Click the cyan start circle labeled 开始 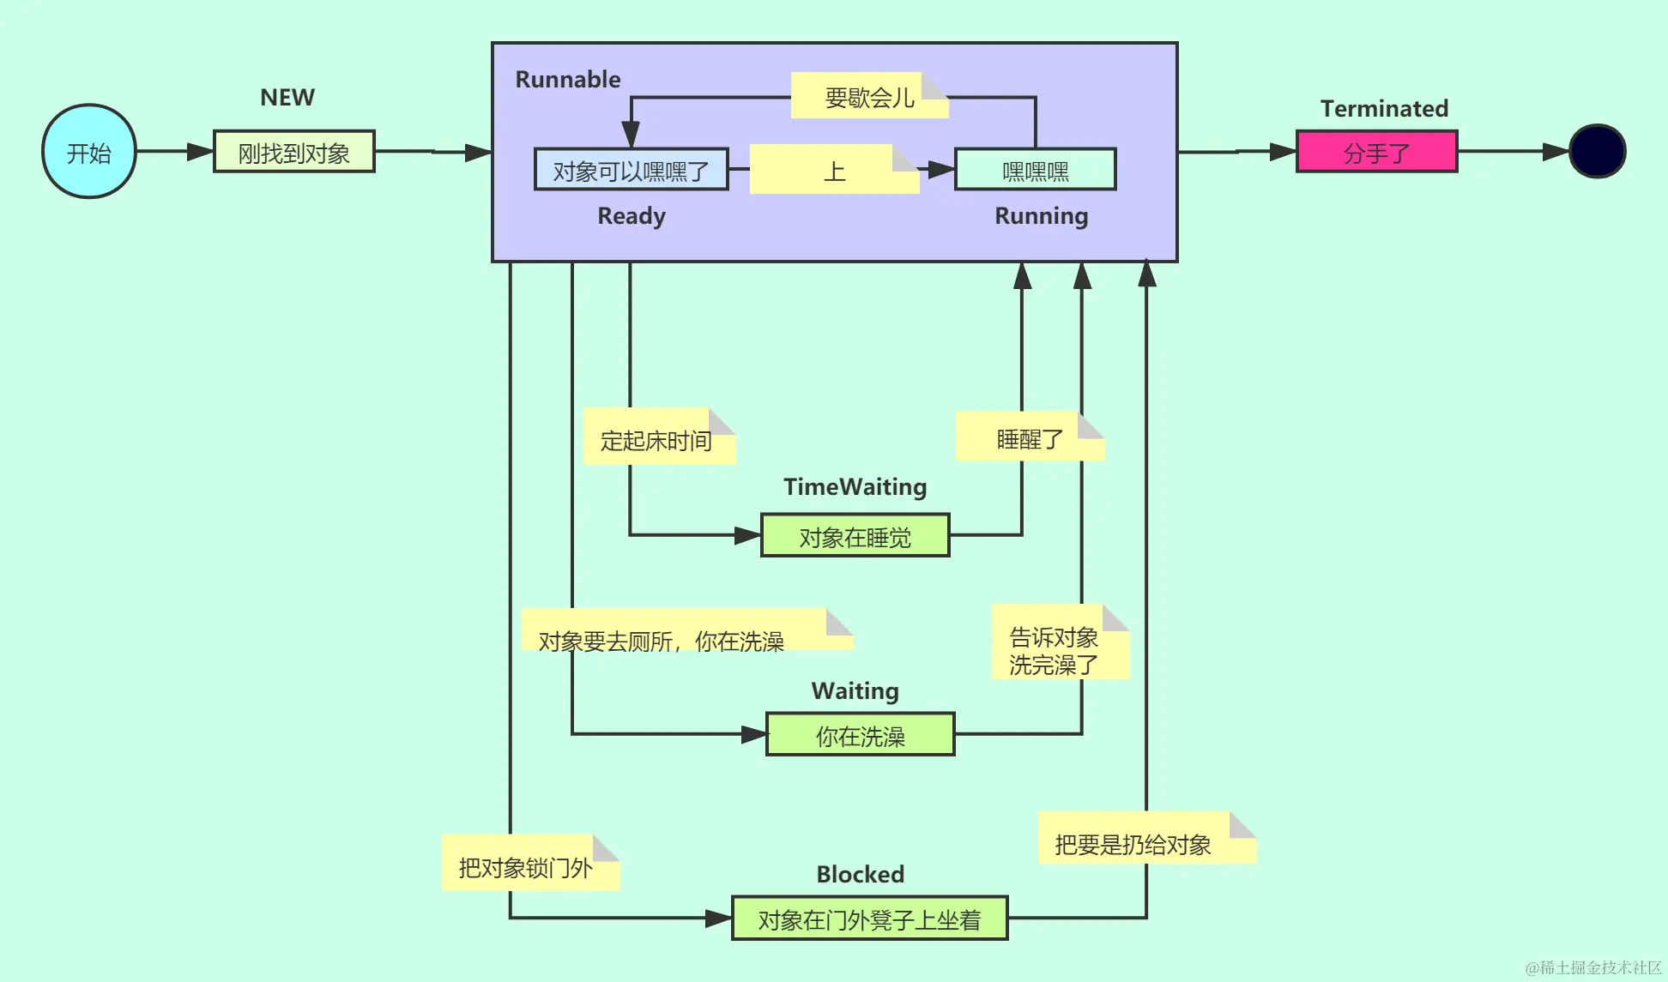click(x=89, y=152)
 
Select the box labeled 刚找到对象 click(x=293, y=152)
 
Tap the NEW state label click(x=287, y=98)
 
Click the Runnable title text click(x=567, y=80)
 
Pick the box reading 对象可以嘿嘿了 click(x=631, y=170)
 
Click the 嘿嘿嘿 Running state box click(x=1035, y=170)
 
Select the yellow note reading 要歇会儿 click(x=868, y=96)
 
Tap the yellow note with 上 click(x=834, y=170)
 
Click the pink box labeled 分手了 click(x=1376, y=152)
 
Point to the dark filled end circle click(x=1597, y=152)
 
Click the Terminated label click(x=1384, y=109)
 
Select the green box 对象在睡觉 click(x=855, y=536)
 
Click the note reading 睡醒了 click(x=1029, y=438)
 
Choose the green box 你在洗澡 click(x=860, y=735)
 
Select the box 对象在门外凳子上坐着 click(x=868, y=919)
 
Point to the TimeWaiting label click(x=855, y=487)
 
